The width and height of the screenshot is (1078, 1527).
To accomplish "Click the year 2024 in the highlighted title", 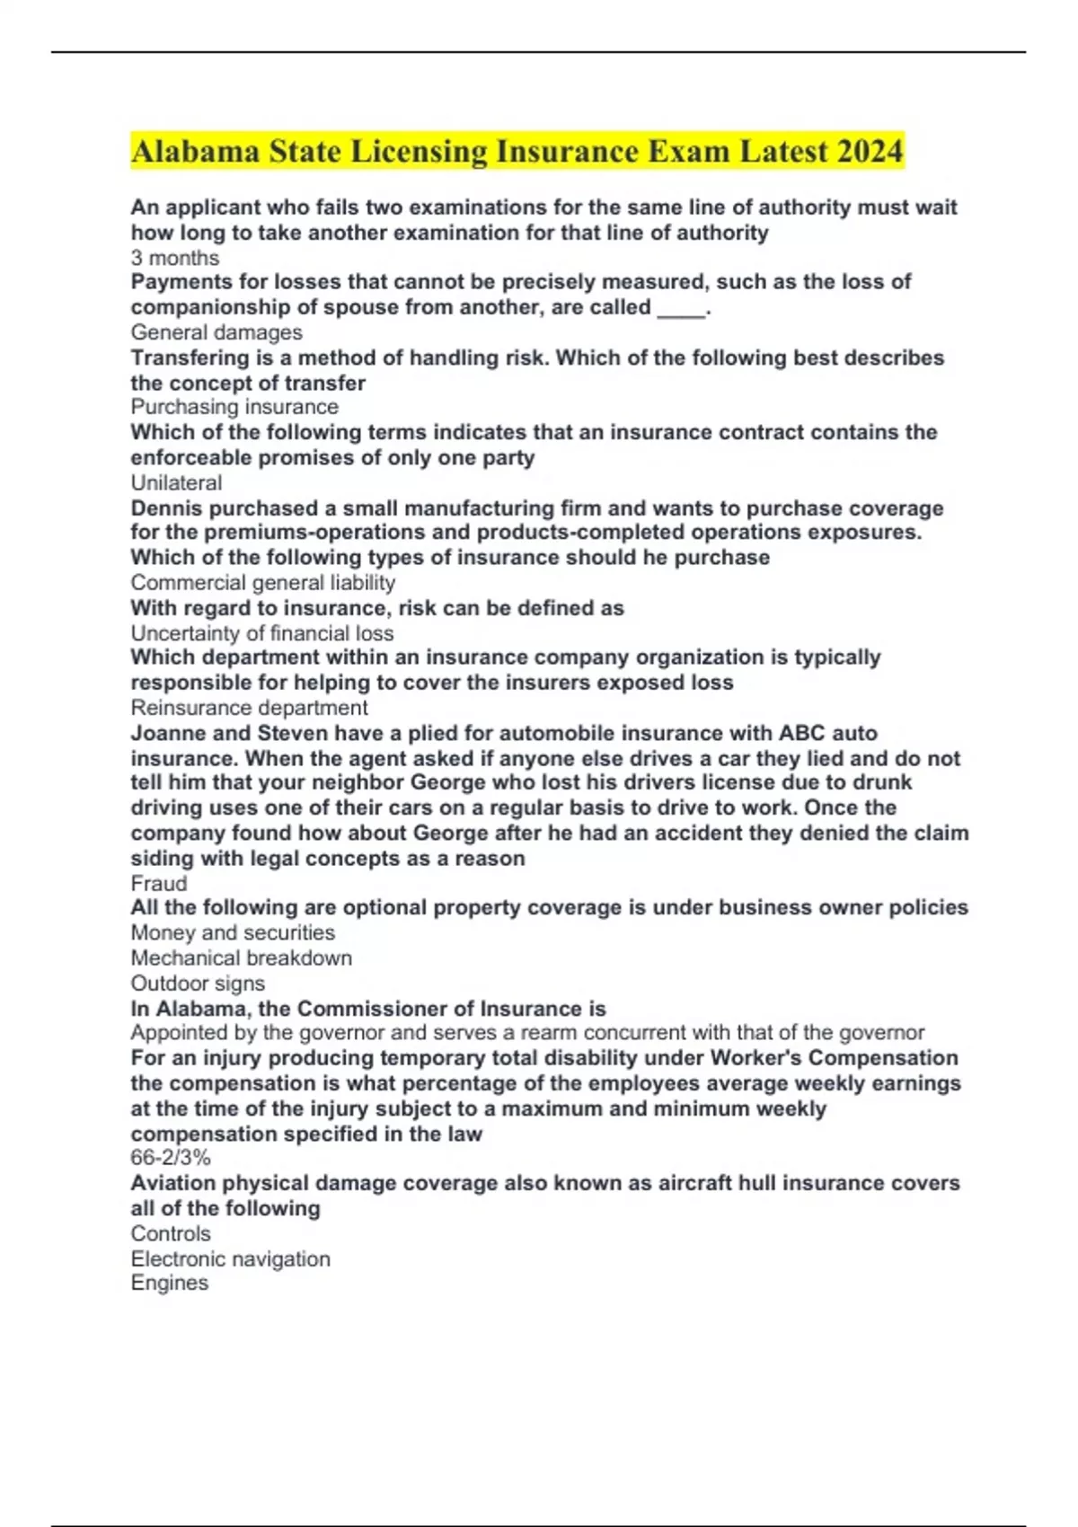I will [869, 152].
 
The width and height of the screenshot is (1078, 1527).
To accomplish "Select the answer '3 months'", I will [175, 258].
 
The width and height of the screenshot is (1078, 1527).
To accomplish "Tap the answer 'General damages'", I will [216, 332].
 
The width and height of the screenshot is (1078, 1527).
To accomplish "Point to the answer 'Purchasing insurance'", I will [234, 407].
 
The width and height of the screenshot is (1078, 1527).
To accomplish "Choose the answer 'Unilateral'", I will [176, 482].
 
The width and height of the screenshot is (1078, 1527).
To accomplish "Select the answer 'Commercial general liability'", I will [262, 583].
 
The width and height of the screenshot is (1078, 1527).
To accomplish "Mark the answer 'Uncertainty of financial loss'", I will [261, 633].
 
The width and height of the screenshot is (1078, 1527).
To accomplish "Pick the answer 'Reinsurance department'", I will [249, 708].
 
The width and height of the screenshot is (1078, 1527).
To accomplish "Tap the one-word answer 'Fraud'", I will [159, 883].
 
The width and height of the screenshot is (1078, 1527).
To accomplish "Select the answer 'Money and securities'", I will [233, 932].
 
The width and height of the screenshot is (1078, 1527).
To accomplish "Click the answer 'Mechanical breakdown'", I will [241, 958].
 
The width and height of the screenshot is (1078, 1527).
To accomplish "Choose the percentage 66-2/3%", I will [171, 1158].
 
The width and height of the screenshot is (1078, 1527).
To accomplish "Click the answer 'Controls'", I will [171, 1233].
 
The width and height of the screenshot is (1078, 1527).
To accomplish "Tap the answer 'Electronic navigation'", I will [230, 1258].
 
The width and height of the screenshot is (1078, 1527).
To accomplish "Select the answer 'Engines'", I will [169, 1283].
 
